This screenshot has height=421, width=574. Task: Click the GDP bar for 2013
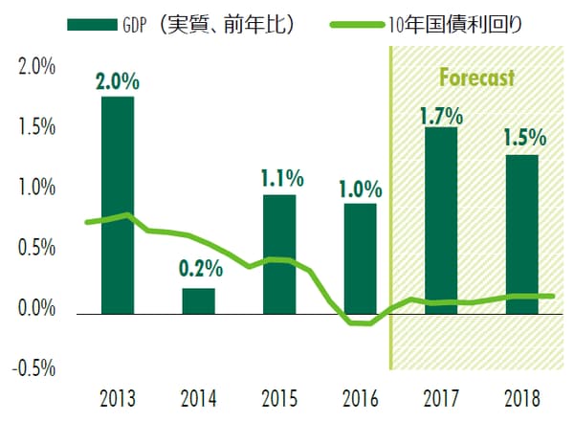pos(118,205)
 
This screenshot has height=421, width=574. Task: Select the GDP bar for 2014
pos(198,300)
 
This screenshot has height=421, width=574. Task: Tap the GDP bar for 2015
pos(279,254)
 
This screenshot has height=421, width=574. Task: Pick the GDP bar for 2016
pos(361,258)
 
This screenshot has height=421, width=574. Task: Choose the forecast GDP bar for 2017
pos(441,220)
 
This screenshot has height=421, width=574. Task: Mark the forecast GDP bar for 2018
pos(522,233)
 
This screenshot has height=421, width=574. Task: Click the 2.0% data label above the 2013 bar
pos(118,81)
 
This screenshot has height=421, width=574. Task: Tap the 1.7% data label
pos(441,117)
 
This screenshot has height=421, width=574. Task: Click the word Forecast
pos(476,77)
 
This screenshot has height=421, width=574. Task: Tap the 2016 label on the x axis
pos(361,397)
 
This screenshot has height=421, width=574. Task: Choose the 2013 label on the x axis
pos(118,397)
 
